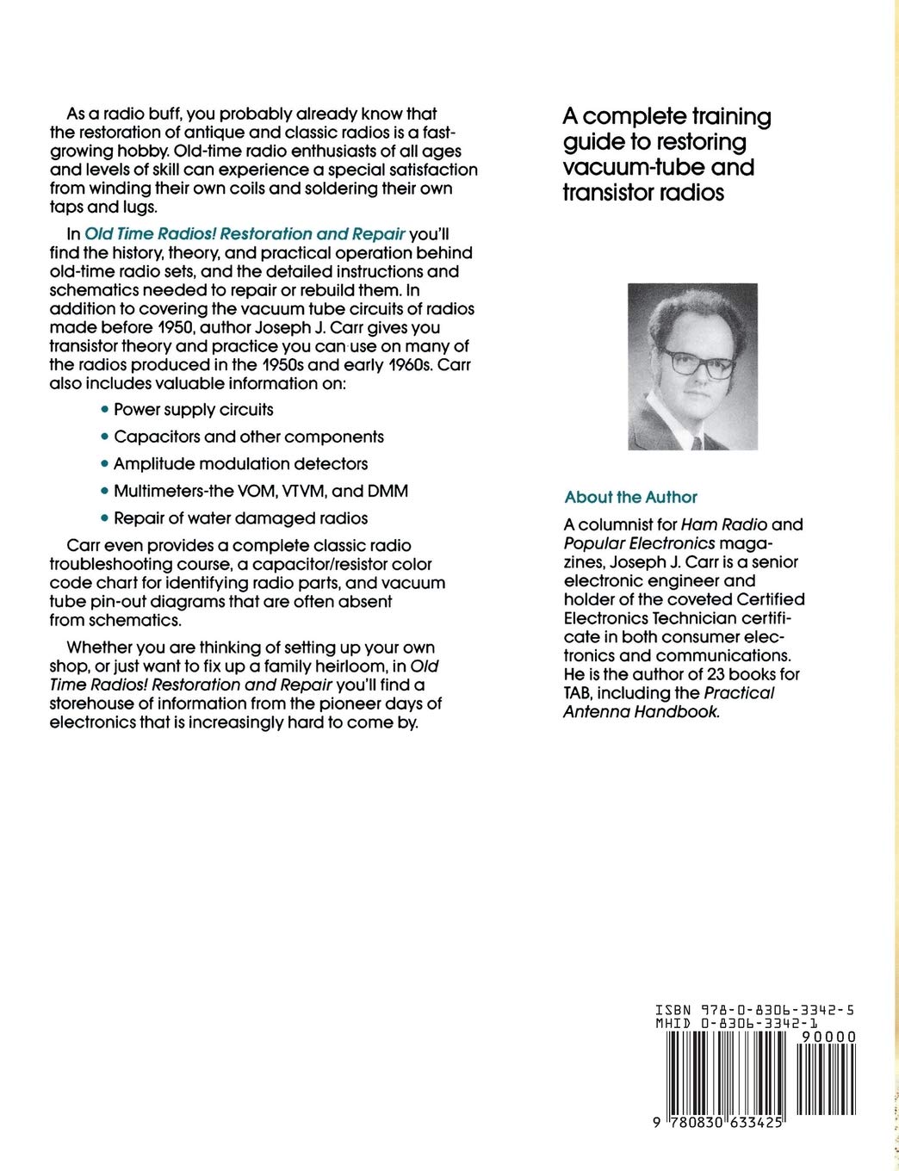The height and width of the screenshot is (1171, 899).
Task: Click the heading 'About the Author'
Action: [630, 497]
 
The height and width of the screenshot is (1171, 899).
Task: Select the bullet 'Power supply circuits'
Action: [194, 409]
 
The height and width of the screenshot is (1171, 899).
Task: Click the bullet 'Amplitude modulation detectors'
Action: [240, 463]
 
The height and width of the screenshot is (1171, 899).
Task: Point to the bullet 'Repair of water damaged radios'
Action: [240, 517]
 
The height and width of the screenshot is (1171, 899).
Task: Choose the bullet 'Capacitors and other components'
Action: [249, 437]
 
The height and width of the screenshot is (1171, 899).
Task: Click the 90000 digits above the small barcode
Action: [828, 1038]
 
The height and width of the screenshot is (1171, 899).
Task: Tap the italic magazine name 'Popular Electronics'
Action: [639, 542]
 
